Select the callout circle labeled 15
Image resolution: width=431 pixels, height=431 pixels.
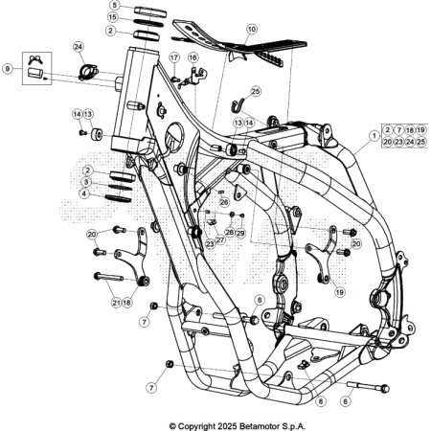click(112, 18)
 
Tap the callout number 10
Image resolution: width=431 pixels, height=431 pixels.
click(251, 30)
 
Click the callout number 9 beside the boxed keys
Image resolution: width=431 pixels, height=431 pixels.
click(8, 68)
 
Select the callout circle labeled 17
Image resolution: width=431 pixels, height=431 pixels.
click(174, 58)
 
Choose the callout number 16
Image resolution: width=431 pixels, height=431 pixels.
click(193, 58)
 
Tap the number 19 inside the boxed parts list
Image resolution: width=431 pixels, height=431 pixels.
click(421, 129)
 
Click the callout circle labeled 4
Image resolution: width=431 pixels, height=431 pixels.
click(85, 193)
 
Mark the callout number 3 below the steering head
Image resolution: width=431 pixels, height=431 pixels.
click(85, 182)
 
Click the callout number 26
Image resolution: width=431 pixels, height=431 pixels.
click(223, 202)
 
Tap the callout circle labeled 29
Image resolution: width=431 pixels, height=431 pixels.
click(241, 233)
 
